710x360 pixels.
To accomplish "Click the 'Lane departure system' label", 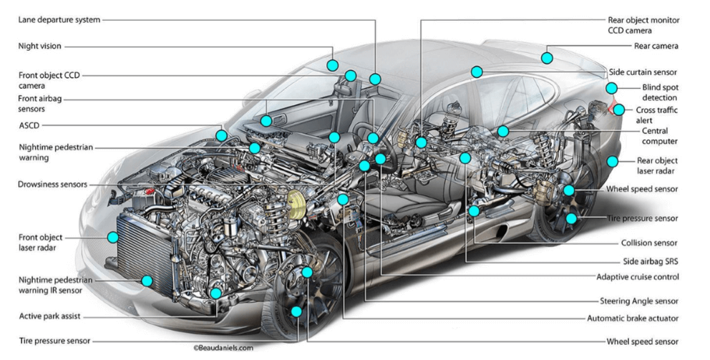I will [59, 20].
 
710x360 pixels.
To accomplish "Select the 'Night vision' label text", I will [40, 47].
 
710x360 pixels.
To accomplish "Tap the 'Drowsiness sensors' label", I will [53, 185].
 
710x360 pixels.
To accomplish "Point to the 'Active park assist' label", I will [49, 316].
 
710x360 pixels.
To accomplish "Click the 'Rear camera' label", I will [656, 47].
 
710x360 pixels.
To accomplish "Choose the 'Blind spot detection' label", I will [659, 92].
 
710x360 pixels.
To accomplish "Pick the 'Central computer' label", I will [654, 136].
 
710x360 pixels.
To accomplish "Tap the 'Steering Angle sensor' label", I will [638, 301].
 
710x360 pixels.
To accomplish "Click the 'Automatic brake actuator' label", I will [632, 318].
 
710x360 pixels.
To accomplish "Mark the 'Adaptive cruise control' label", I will [637, 277].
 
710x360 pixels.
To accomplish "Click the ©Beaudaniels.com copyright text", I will [223, 348].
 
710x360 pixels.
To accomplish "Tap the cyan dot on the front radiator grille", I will [112, 237].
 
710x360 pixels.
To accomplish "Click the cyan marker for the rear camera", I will [547, 58].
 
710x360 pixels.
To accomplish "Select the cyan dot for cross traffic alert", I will [619, 110].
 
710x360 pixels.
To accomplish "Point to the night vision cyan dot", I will [332, 65].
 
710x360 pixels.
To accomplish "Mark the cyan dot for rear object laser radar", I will [612, 162].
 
